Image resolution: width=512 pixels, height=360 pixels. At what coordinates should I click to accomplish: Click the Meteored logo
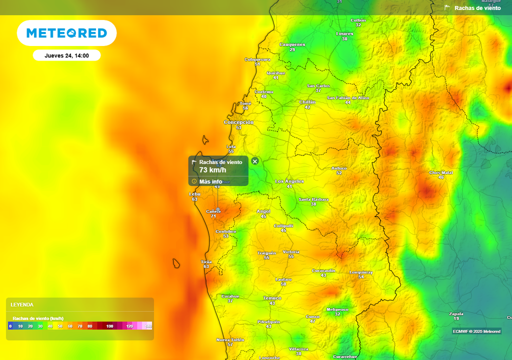tap(66, 33)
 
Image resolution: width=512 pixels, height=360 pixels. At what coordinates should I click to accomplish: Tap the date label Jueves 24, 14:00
tap(66, 55)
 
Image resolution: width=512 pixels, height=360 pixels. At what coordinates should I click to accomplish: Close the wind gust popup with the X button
tap(255, 161)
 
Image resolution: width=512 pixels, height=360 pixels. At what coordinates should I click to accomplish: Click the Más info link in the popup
tap(210, 181)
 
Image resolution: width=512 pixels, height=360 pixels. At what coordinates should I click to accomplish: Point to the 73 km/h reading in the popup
tap(212, 170)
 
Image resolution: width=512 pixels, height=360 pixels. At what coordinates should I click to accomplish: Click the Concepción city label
tap(238, 122)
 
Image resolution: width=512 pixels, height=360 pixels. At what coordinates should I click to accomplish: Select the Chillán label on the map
tap(307, 102)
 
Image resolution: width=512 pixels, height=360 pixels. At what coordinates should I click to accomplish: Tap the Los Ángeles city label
tap(289, 181)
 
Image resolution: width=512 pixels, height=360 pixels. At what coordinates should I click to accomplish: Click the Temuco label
tap(272, 298)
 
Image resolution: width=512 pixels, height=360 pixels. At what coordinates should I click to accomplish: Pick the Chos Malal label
tap(440, 172)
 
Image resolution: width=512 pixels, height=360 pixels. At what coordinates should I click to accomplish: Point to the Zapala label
tap(456, 313)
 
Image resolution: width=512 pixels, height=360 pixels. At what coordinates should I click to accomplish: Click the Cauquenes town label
tap(292, 44)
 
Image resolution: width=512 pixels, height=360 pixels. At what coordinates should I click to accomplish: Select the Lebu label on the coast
tap(194, 194)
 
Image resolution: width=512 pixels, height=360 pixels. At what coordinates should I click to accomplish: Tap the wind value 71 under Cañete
tap(213, 216)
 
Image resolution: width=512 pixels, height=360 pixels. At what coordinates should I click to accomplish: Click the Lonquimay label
tap(361, 272)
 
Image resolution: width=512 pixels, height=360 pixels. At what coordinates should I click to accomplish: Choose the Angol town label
tap(263, 211)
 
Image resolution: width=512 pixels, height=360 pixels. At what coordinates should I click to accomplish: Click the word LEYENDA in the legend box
tap(22, 304)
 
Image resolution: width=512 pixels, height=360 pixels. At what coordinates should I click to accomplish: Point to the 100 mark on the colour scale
tap(110, 326)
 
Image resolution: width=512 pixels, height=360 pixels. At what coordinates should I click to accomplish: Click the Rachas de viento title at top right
tap(477, 8)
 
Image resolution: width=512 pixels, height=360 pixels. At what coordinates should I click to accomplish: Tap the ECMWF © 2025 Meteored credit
tap(476, 331)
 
